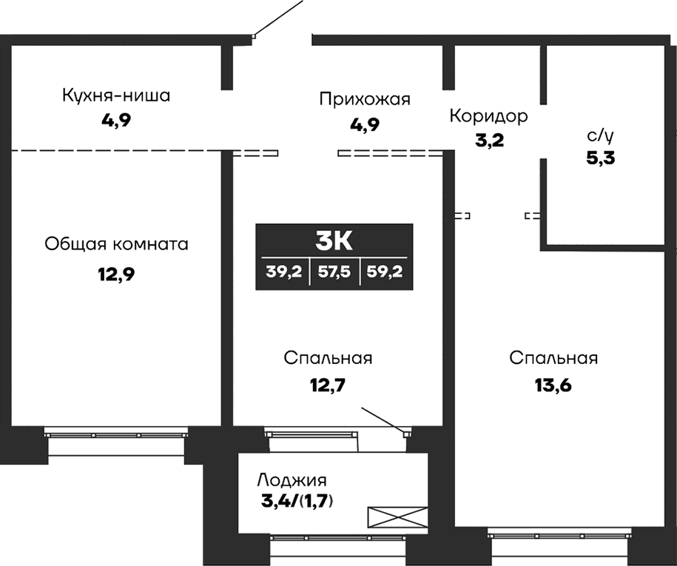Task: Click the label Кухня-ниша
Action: pos(116,95)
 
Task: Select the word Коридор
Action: pos(488,116)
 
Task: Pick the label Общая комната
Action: pos(116,243)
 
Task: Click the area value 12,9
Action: pos(116,274)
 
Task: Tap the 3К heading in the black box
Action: pos(334,241)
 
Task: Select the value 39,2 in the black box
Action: pos(283,271)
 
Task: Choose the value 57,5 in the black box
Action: pos(334,271)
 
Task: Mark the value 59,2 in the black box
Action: pos(383,271)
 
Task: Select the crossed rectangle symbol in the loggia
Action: pos(398,516)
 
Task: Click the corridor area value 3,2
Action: pos(488,140)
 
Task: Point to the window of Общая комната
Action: pos(116,433)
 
